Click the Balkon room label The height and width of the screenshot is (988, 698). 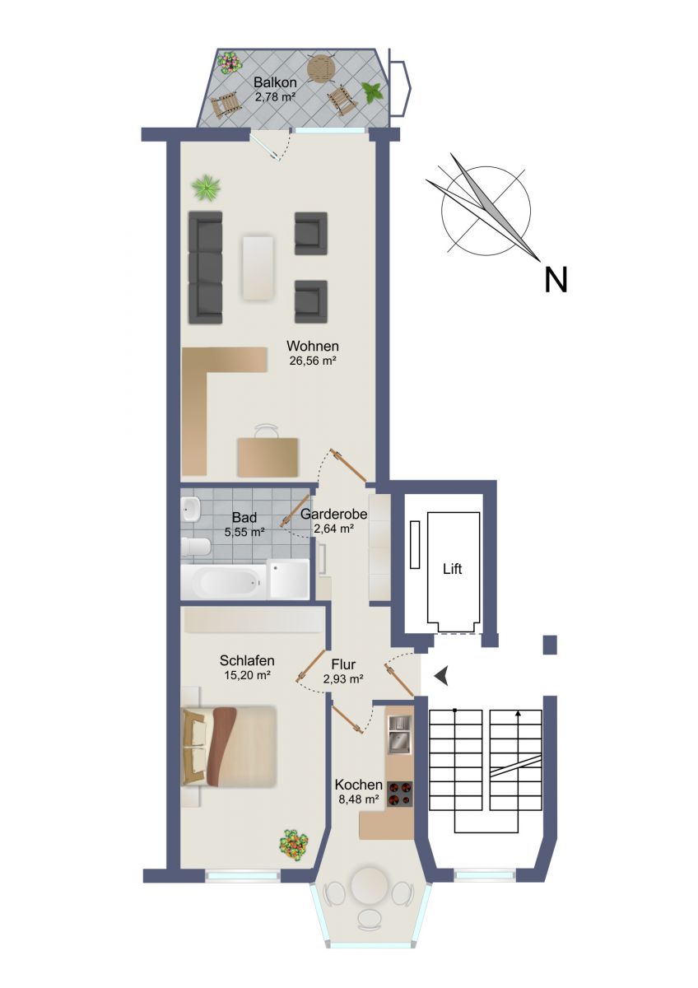[x=275, y=82]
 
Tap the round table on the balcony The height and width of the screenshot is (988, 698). [x=323, y=68]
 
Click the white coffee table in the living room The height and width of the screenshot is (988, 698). [x=257, y=268]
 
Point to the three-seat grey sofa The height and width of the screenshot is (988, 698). [x=205, y=268]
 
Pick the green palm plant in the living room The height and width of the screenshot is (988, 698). [x=207, y=189]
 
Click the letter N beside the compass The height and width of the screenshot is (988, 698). [x=555, y=280]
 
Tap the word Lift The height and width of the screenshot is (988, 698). [x=453, y=569]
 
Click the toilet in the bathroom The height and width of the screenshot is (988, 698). [x=196, y=548]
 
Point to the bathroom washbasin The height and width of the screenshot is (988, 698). [x=190, y=509]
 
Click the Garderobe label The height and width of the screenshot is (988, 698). [x=334, y=514]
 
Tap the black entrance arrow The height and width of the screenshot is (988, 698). [x=441, y=675]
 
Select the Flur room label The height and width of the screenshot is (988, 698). [x=343, y=664]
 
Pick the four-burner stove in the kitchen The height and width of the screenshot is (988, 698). [x=400, y=795]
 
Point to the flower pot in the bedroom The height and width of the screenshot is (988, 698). [x=293, y=844]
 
